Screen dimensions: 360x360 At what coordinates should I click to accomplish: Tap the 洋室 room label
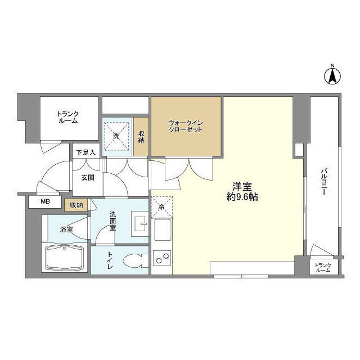242,187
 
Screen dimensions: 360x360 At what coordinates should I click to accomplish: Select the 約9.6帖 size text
242,197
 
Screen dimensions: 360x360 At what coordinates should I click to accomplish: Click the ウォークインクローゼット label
186,126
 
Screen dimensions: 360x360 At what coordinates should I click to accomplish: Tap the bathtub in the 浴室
65,258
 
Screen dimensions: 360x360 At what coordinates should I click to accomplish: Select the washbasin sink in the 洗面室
140,224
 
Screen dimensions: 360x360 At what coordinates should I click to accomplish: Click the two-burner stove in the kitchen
162,258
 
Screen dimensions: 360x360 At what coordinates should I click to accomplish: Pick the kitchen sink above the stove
163,229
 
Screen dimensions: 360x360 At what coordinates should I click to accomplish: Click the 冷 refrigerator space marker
161,207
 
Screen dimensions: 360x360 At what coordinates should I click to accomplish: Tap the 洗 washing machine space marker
116,136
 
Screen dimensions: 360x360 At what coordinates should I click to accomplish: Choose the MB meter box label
45,201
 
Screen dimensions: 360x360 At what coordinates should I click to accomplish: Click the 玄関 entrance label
88,178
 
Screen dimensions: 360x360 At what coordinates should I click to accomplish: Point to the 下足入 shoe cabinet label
86,152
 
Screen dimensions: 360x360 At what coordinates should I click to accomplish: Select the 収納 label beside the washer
141,137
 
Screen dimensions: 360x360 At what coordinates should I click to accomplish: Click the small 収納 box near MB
76,205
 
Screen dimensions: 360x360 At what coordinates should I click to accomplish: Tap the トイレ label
110,260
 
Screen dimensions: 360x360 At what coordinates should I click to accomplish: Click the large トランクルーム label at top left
67,118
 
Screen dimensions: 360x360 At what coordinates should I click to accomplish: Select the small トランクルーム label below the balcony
323,268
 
